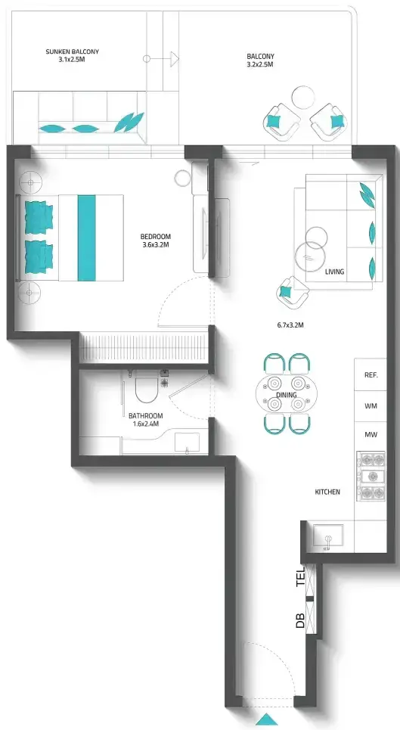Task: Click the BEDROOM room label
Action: pos(155,236)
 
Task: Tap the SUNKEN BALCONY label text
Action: pos(72,51)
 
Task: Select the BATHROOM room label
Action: pos(146,416)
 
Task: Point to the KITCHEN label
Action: pos(327,492)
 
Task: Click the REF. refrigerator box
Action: pos(371,374)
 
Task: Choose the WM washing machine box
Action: pos(371,406)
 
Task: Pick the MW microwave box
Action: pos(371,435)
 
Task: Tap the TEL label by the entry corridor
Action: pos(301,576)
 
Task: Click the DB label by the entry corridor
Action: pos(301,620)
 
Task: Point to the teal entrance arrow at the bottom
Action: pos(267,719)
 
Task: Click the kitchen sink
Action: pos(328,536)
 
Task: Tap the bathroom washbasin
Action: pos(187,443)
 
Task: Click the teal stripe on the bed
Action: pos(86,238)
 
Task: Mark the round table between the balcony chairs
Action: pos(302,98)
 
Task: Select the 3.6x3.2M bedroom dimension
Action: pos(155,244)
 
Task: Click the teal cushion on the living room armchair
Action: pos(284,292)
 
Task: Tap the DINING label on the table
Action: pos(287,395)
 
